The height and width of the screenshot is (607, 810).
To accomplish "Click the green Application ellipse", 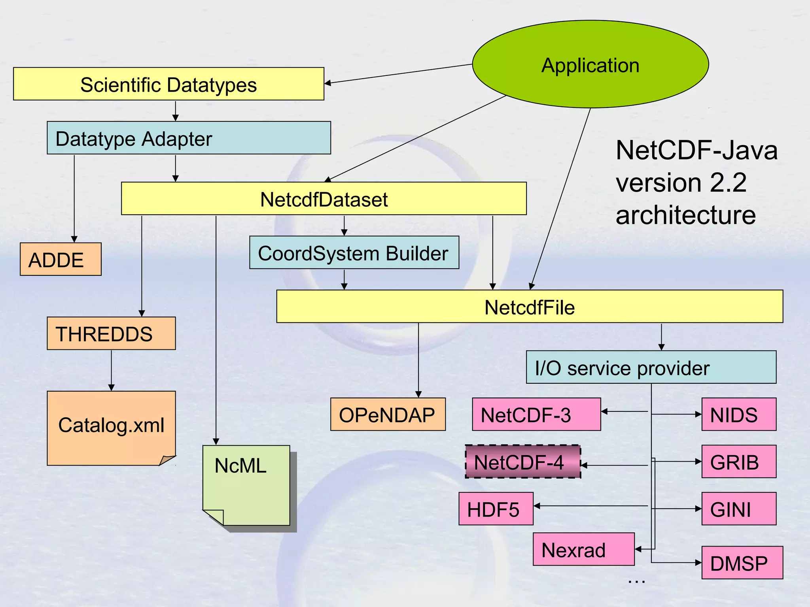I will coord(590,64).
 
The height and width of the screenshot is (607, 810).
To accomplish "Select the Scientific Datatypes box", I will coord(168,84).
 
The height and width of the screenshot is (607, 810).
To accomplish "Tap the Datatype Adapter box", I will coord(189,138).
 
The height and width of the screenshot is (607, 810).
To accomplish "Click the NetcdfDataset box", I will coord(324,199).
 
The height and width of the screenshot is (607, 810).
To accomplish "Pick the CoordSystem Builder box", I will coord(354,253).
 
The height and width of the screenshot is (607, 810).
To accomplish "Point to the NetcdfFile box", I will coord(529,307).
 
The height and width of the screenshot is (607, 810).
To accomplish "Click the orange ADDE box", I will coord(61,260).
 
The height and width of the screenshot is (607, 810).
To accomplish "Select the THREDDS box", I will coord(111,334).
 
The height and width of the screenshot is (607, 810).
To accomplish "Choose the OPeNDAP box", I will coord(388,415).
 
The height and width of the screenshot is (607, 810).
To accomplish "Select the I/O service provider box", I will coord(651,368).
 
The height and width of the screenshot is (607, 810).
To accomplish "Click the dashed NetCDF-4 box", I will coord(522,462).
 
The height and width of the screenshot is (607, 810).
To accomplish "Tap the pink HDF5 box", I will coord(496,509).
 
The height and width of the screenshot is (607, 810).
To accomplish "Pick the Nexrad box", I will coord(583,550).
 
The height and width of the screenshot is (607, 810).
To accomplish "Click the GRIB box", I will coord(738,462).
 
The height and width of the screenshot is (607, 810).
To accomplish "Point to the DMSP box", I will coord(742,563).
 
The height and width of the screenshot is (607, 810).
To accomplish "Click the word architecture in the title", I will coord(685,216).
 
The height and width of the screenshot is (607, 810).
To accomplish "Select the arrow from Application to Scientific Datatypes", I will coord(397,74).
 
